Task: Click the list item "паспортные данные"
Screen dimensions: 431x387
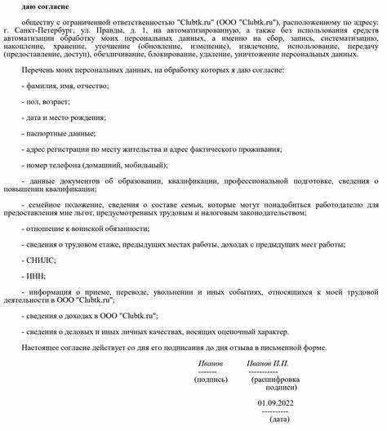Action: point(60,133)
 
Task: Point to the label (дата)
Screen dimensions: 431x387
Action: point(280,419)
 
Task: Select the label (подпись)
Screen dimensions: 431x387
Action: point(210,379)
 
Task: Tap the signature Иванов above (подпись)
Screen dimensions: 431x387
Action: point(210,362)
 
